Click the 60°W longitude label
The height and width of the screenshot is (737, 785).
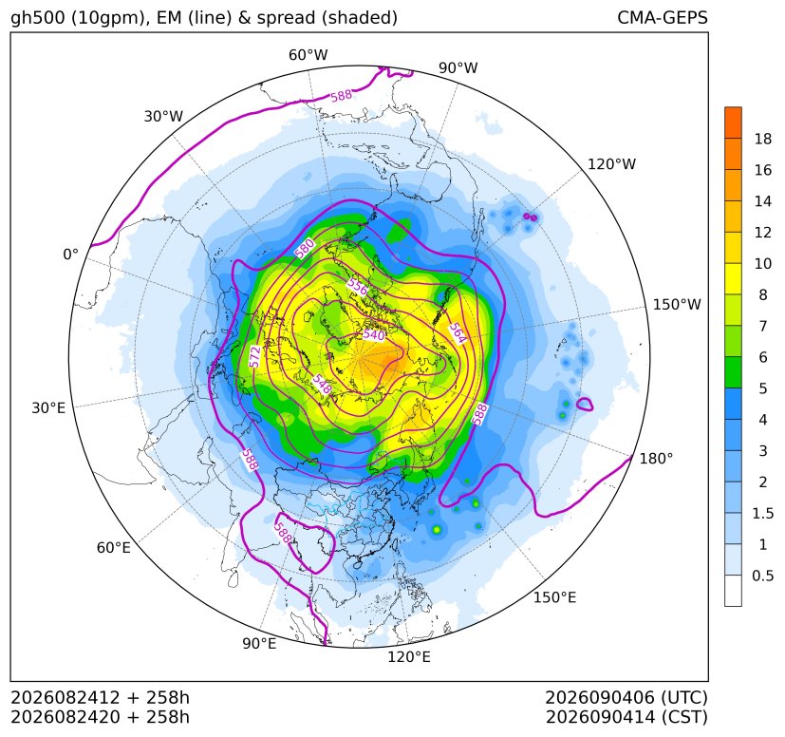[308, 55]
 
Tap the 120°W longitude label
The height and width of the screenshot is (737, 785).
[611, 164]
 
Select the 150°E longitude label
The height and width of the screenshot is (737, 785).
[554, 597]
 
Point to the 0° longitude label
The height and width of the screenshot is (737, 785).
[71, 255]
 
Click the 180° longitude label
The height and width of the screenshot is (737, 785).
[656, 459]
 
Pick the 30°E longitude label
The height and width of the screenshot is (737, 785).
[48, 407]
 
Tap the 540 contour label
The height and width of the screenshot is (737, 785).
[374, 334]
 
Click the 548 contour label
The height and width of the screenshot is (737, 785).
[322, 385]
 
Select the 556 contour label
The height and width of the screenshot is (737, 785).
[358, 287]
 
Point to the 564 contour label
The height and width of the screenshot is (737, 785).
[458, 333]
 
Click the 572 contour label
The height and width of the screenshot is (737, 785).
[255, 357]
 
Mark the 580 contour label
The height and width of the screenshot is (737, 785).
[305, 248]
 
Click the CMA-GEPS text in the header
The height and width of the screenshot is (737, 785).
[663, 18]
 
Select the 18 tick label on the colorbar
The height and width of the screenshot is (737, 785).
[763, 139]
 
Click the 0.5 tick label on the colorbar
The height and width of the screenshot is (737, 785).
[762, 576]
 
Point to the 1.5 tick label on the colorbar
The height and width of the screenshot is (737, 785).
[762, 513]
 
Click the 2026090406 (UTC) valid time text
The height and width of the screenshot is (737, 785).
[626, 697]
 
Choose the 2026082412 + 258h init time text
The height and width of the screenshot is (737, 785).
[100, 697]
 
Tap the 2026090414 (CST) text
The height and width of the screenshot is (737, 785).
[626, 717]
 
